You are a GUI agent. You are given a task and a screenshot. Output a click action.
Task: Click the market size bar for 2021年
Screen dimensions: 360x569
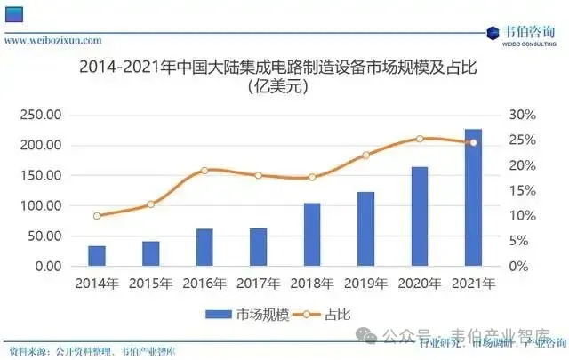473,197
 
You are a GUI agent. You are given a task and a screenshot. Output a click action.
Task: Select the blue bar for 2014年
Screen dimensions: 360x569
97,255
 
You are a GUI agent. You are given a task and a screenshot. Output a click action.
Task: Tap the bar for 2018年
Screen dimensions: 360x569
312,234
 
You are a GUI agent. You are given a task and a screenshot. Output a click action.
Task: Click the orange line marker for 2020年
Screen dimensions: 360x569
420,139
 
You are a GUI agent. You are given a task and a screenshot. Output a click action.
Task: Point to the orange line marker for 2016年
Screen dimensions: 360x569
204,170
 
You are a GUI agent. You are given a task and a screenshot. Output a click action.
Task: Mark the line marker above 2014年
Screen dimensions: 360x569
97,215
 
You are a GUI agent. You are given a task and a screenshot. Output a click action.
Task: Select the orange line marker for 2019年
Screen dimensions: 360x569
365,155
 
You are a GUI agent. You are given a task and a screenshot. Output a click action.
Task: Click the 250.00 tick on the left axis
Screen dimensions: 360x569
41,115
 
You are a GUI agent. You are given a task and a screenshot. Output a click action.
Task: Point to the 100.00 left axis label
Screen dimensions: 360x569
41,205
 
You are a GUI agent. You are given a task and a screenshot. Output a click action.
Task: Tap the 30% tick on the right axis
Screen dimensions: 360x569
519,115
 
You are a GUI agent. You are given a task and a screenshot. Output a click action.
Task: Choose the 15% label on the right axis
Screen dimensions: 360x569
519,190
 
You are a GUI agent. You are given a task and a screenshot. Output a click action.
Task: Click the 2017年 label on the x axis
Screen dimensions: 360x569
258,284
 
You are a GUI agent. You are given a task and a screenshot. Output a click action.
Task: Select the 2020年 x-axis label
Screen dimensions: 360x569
420,284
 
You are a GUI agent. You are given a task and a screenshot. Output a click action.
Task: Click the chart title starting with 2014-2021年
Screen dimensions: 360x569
284,67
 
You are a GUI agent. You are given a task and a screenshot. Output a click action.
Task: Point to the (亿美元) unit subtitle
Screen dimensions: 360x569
284,87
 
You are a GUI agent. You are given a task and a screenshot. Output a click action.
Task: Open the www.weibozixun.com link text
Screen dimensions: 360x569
53,40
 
